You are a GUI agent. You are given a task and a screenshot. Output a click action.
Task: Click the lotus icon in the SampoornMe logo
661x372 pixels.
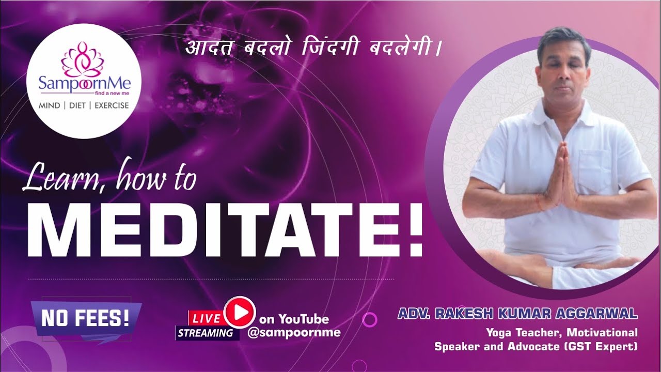(83, 59)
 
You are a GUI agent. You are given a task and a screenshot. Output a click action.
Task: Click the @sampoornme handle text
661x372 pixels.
(294, 332)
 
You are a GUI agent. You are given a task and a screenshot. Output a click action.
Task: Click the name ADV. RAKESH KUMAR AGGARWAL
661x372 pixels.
(517, 314)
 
